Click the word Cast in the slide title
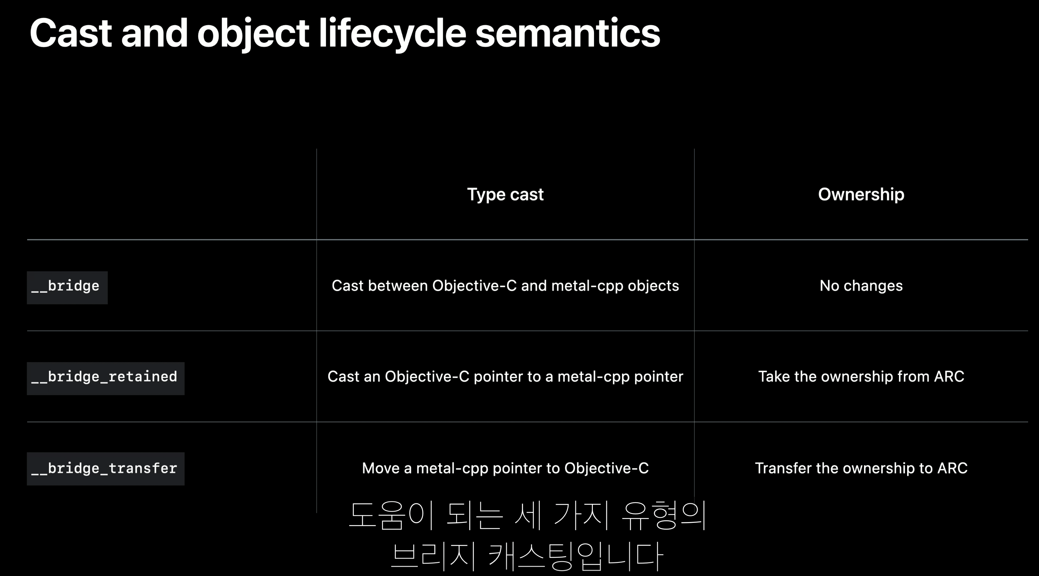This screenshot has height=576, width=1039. click(71, 33)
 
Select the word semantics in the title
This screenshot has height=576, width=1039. click(568, 34)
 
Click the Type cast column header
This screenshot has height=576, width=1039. click(505, 194)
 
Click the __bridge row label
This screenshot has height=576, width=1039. click(67, 287)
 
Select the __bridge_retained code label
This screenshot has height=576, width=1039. click(105, 378)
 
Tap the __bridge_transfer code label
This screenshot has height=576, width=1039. click(105, 468)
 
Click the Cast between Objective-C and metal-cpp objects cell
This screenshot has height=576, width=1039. click(505, 286)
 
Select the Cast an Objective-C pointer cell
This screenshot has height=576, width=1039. click(505, 376)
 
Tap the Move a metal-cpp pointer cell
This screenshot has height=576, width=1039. click(505, 468)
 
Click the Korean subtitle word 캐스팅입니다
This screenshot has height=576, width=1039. click(576, 556)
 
